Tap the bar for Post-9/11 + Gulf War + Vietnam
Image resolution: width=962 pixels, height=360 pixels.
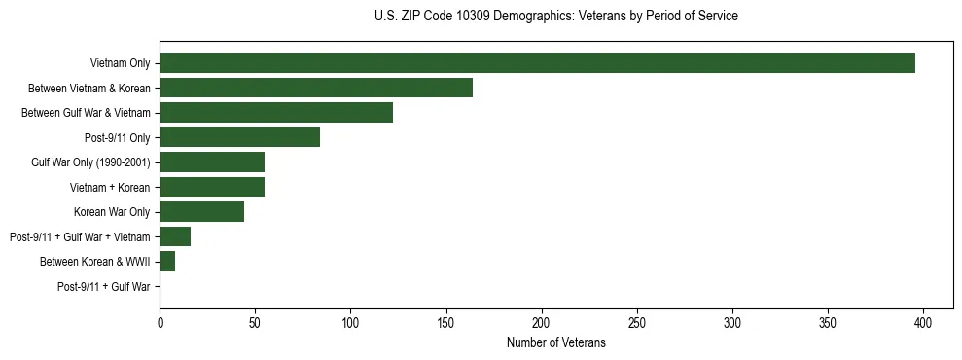click(175, 236)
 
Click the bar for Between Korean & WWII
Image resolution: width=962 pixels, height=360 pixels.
click(167, 262)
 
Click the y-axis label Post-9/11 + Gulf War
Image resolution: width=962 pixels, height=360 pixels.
click(103, 287)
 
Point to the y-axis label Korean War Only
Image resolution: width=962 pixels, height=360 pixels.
click(112, 212)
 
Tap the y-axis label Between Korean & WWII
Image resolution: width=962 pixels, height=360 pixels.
click(94, 262)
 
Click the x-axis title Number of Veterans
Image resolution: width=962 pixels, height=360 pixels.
click(555, 342)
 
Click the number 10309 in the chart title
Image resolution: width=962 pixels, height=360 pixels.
click(460, 17)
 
